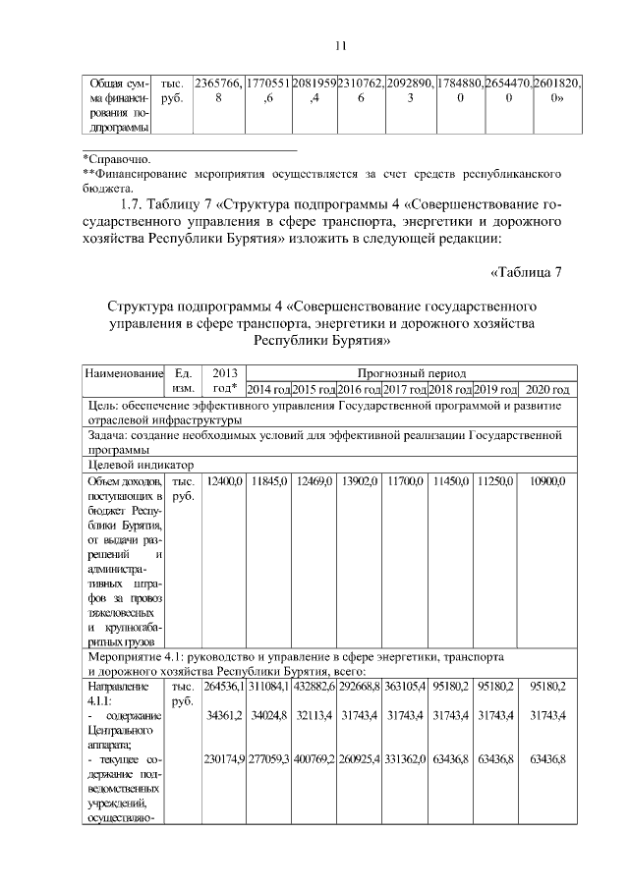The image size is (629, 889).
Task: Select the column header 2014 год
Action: coord(267,390)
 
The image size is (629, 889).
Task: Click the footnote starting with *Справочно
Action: coord(117,157)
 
